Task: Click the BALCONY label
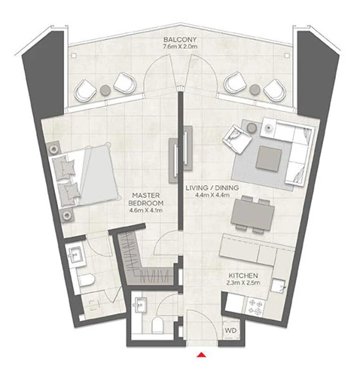click(x=180, y=40)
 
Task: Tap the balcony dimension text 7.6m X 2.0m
click(x=180, y=47)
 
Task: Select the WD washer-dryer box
click(x=230, y=331)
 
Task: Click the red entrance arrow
click(x=202, y=355)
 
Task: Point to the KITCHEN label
click(x=243, y=276)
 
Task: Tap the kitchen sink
click(x=278, y=285)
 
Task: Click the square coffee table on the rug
click(x=268, y=159)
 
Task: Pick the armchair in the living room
click(x=236, y=139)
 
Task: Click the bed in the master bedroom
click(x=85, y=175)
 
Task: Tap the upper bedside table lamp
click(x=53, y=149)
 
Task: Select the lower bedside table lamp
click(x=67, y=215)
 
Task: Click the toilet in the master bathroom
click(x=86, y=280)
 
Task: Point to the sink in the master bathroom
click(x=75, y=255)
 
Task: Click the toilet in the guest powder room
click(x=157, y=325)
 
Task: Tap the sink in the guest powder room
click(x=140, y=305)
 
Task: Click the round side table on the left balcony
click(x=105, y=90)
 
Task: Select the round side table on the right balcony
click(x=255, y=90)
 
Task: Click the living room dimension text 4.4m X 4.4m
click(x=212, y=194)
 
